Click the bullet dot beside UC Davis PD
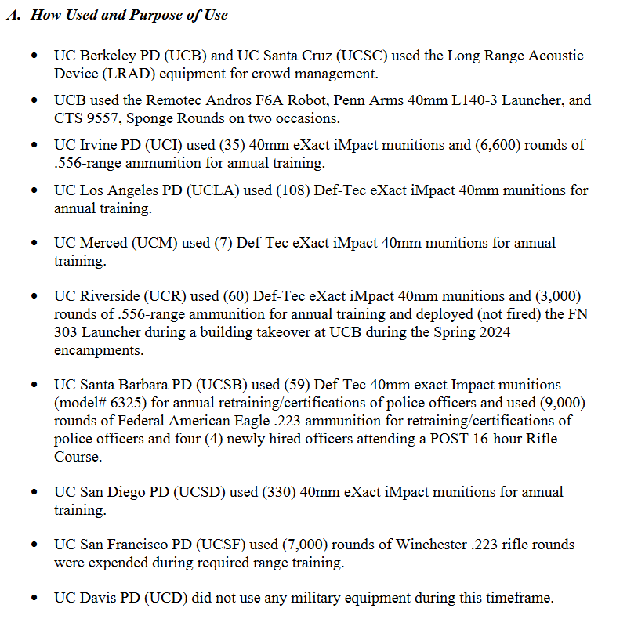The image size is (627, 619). click(34, 599)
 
